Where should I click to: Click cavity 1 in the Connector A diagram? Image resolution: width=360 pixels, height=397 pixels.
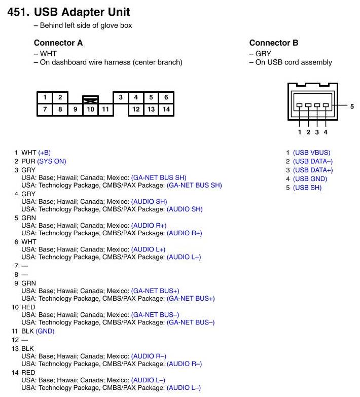pyautogui.click(x=45, y=97)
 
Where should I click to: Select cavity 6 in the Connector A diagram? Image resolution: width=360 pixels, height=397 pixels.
pyautogui.click(x=166, y=97)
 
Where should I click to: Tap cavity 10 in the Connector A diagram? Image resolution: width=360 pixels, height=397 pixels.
pyautogui.click(x=90, y=109)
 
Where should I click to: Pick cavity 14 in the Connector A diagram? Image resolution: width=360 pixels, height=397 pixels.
pyautogui.click(x=166, y=109)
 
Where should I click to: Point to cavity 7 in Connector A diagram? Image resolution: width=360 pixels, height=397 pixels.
pyautogui.click(x=45, y=109)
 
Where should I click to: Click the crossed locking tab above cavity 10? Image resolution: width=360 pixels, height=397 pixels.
pyautogui.click(x=90, y=100)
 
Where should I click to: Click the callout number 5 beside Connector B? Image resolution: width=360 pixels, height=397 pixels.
pyautogui.click(x=352, y=106)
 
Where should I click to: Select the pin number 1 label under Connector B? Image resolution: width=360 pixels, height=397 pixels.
pyautogui.click(x=300, y=132)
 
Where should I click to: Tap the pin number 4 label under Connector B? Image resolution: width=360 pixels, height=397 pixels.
pyautogui.click(x=326, y=132)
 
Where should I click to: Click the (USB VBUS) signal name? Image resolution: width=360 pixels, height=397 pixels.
pyautogui.click(x=311, y=153)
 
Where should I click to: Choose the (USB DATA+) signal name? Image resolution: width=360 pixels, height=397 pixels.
pyautogui.click(x=313, y=170)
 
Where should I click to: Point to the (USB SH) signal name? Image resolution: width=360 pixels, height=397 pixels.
pyautogui.click(x=307, y=188)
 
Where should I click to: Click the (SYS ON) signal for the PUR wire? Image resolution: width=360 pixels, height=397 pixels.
pyautogui.click(x=51, y=161)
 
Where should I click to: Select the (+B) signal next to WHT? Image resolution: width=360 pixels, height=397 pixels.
pyautogui.click(x=44, y=153)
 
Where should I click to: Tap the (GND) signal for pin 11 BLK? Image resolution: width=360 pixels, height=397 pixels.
pyautogui.click(x=45, y=331)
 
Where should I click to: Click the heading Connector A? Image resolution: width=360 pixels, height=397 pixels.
pyautogui.click(x=58, y=43)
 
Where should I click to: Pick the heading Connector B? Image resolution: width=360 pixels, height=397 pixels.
pyautogui.click(x=274, y=43)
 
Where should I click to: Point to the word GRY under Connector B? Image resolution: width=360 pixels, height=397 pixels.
pyautogui.click(x=263, y=53)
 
